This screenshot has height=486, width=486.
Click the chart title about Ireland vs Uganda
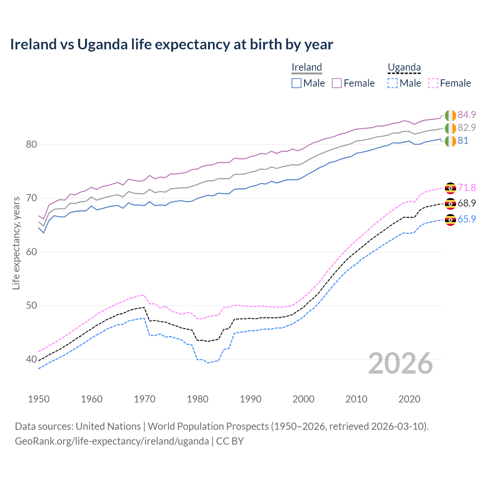[x=171, y=44]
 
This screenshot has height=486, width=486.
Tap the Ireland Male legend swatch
[x=297, y=83]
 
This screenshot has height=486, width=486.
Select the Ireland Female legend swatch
[x=337, y=83]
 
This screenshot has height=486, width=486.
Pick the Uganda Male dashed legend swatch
[x=393, y=83]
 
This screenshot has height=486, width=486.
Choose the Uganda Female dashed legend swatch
[x=433, y=83]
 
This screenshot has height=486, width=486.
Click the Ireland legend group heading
[x=307, y=67]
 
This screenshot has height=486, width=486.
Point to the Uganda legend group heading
[x=404, y=67]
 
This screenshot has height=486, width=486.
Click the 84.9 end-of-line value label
[x=467, y=115]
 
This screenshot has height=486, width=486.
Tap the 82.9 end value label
[x=467, y=128]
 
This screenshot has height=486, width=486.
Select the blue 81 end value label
[x=463, y=141]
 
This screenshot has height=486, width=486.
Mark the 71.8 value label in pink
[x=467, y=188]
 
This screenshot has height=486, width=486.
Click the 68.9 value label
[x=467, y=204]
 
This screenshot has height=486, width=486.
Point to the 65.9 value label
[x=467, y=219]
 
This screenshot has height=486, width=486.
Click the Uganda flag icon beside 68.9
[x=450, y=204]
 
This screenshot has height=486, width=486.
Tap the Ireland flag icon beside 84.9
[x=450, y=115]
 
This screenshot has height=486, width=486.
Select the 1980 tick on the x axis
[x=197, y=399]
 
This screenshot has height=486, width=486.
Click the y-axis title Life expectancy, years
[x=16, y=243]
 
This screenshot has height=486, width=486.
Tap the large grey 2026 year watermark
[x=401, y=363]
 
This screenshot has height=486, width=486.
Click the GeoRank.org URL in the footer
[x=112, y=441]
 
